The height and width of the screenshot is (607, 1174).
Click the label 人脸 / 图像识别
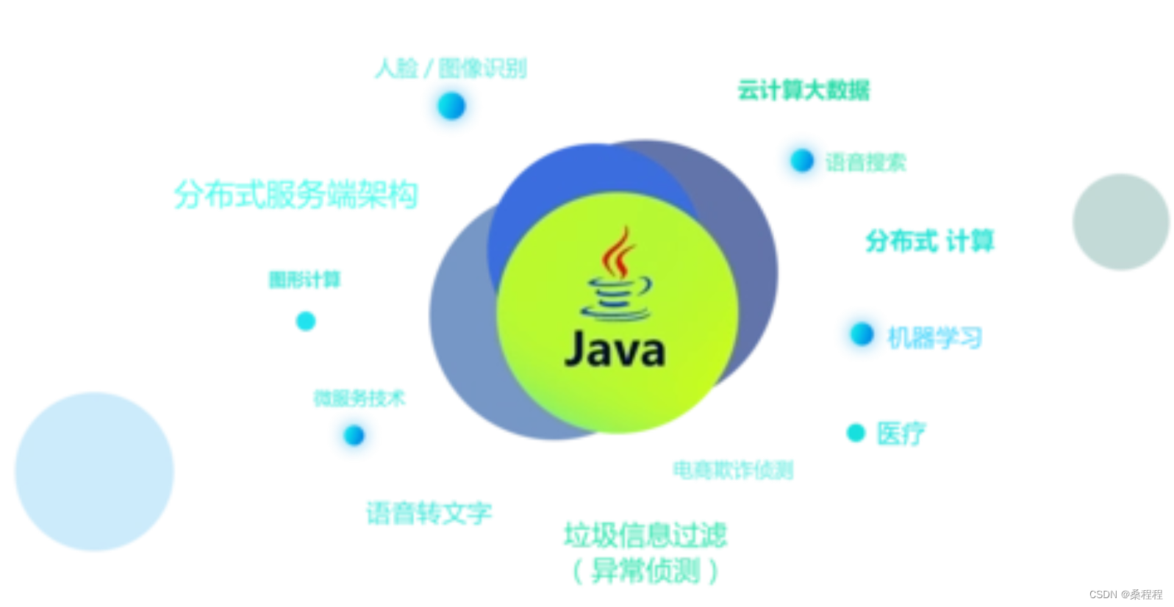tap(451, 68)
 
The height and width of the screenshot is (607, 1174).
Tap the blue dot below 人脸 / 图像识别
tap(451, 106)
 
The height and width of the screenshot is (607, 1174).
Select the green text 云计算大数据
tap(803, 90)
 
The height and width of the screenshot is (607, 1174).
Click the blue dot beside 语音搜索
tap(801, 160)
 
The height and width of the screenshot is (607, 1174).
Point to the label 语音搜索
tap(865, 162)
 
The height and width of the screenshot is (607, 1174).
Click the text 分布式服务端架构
tap(296, 195)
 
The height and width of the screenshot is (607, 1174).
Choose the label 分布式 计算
tap(929, 241)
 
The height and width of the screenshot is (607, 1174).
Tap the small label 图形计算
tap(304, 280)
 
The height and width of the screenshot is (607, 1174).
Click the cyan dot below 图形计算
tap(305, 321)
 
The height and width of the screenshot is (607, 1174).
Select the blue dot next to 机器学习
tap(862, 334)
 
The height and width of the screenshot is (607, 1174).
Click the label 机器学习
tap(934, 337)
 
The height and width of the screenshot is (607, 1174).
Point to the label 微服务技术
tap(359, 398)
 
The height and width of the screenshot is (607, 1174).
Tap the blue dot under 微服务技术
tap(354, 435)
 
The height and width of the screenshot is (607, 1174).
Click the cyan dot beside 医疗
tap(856, 433)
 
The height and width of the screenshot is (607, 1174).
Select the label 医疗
tap(901, 433)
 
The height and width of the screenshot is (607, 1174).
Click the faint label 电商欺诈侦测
tap(732, 470)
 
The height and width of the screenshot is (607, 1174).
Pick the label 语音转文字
tap(429, 512)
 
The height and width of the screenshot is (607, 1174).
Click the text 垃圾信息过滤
tap(645, 535)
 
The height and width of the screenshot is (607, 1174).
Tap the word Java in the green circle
tap(615, 350)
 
